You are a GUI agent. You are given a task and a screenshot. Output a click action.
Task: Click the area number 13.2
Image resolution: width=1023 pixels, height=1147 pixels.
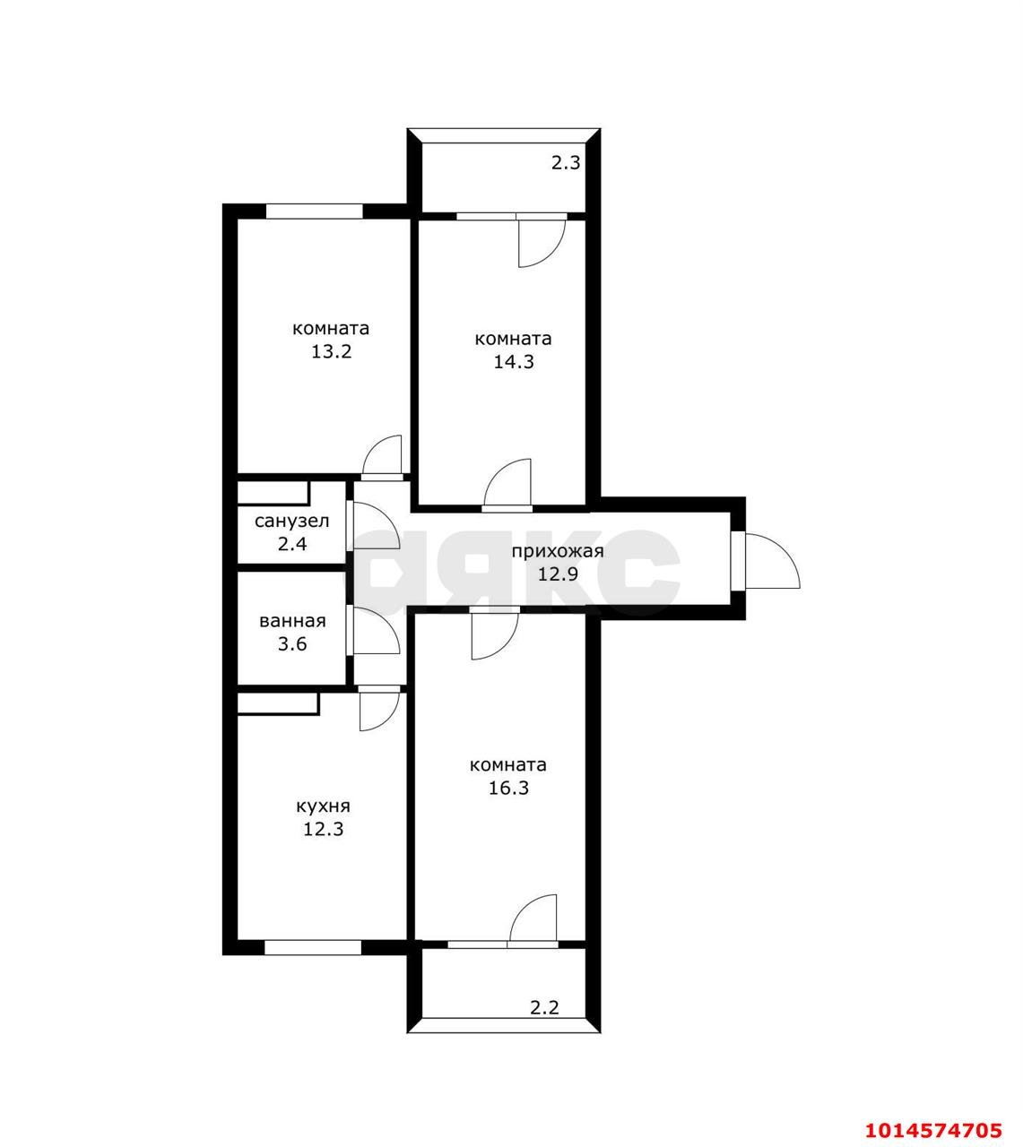pyautogui.click(x=332, y=351)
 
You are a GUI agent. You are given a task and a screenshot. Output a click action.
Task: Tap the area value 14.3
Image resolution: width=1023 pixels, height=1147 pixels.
pyautogui.click(x=513, y=362)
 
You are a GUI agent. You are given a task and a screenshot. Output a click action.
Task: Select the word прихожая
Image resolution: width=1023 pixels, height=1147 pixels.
pyautogui.click(x=558, y=551)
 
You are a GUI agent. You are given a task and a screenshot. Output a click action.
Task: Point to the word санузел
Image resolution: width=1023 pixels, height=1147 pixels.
pyautogui.click(x=291, y=521)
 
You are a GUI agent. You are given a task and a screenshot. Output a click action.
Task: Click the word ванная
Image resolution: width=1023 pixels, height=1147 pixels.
pyautogui.click(x=292, y=621)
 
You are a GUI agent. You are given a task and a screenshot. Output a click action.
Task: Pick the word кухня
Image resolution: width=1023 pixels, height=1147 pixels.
pyautogui.click(x=323, y=806)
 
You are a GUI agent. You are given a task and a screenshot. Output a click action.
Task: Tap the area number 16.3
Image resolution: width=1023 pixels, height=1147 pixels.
pyautogui.click(x=508, y=788)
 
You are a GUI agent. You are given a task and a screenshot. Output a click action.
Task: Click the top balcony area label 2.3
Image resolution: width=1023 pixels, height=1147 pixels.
pyautogui.click(x=566, y=163)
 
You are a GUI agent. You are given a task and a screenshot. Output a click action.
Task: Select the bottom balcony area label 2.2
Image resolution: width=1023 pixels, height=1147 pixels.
pyautogui.click(x=544, y=1007)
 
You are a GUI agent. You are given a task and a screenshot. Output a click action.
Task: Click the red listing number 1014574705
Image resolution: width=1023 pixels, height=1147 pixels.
pyautogui.click(x=933, y=1115)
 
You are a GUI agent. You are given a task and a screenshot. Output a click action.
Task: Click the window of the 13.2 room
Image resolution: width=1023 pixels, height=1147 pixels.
pyautogui.click(x=315, y=211)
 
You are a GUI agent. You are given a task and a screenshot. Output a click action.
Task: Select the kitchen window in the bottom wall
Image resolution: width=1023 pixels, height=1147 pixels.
pyautogui.click(x=313, y=947)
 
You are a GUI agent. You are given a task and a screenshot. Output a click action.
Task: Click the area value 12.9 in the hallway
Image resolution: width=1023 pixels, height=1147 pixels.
pyautogui.click(x=558, y=574)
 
